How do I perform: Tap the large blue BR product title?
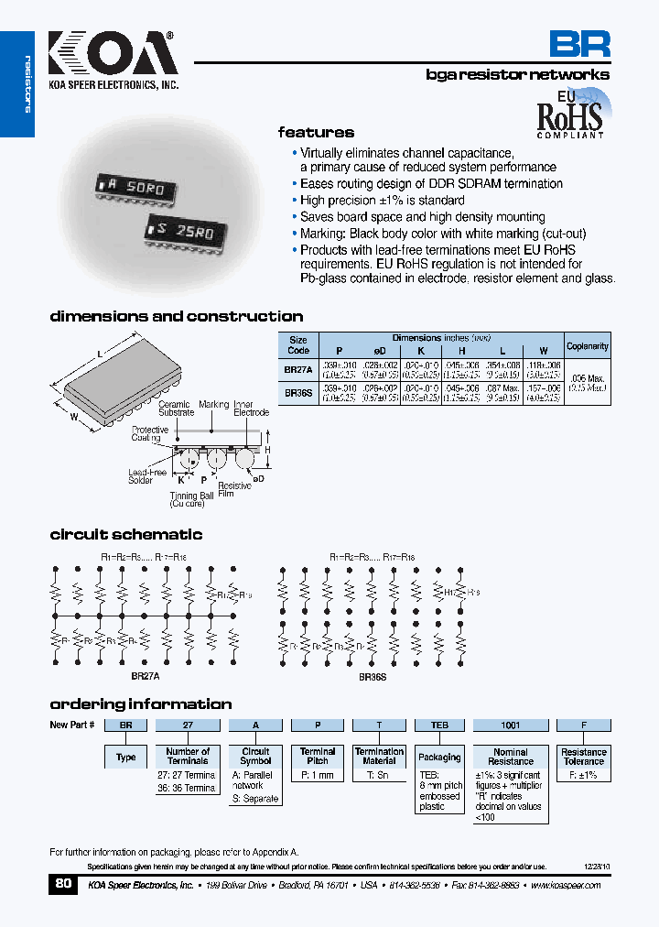click(578, 44)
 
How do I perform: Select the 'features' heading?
click(316, 133)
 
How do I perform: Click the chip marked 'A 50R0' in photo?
click(137, 187)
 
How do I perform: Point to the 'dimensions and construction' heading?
click(176, 317)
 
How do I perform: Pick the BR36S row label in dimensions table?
click(298, 391)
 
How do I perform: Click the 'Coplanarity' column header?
click(587, 346)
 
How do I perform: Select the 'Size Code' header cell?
click(298, 344)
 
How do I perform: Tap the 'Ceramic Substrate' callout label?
click(175, 409)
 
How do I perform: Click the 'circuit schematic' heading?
click(125, 535)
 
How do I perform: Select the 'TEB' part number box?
click(439, 725)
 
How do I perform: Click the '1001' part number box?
click(511, 725)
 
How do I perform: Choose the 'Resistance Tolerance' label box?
click(584, 757)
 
